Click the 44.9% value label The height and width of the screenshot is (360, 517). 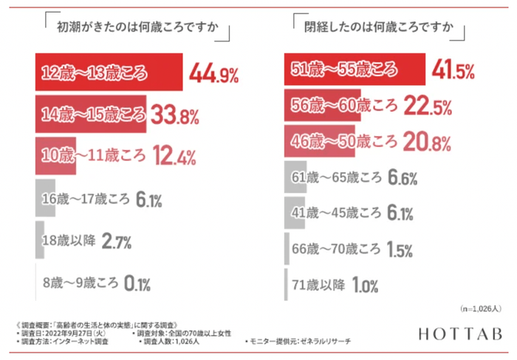pos(214,73)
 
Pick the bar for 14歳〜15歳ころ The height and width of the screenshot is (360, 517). pos(92,115)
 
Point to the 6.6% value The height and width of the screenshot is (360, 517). pos(403,177)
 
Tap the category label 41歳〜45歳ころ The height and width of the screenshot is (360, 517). pos(338,213)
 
